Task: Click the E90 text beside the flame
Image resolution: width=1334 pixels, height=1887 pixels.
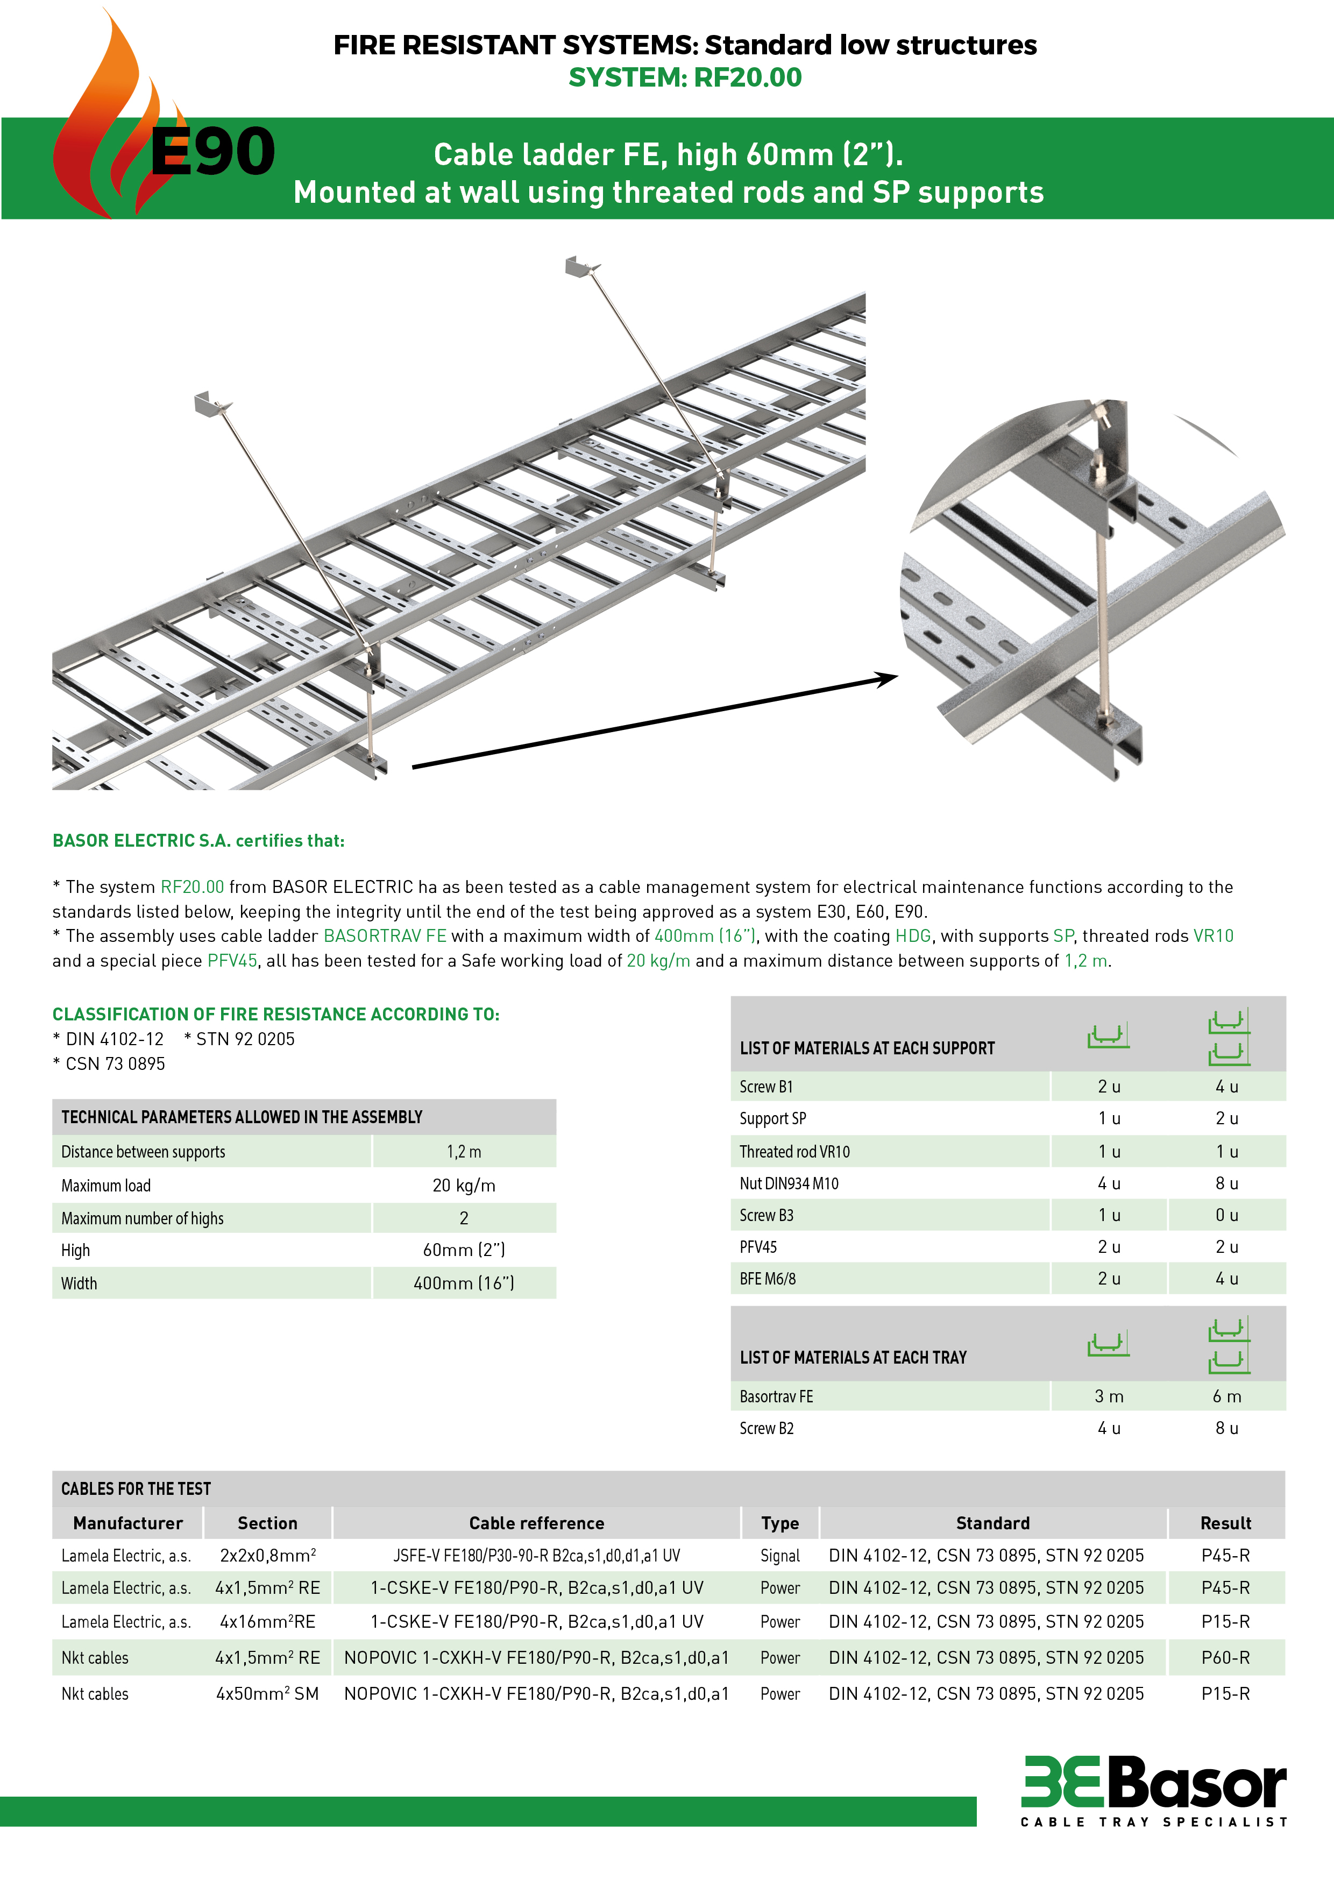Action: coord(212,152)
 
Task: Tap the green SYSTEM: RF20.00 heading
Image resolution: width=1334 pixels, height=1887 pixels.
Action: coord(685,77)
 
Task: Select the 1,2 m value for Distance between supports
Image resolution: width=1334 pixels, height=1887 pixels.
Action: coord(464,1152)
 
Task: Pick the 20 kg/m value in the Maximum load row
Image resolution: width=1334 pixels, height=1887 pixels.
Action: coord(464,1185)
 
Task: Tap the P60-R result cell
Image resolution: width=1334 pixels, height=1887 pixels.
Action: coord(1225,1658)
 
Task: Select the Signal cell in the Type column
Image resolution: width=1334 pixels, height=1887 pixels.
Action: coord(779,1556)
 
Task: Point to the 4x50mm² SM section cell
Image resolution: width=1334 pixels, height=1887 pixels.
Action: coord(267,1694)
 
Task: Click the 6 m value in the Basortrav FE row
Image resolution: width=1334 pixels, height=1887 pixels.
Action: coord(1226,1396)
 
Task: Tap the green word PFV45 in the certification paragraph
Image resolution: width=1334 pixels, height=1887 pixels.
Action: coord(232,961)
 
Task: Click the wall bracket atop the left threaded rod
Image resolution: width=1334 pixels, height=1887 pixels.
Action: coord(210,403)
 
